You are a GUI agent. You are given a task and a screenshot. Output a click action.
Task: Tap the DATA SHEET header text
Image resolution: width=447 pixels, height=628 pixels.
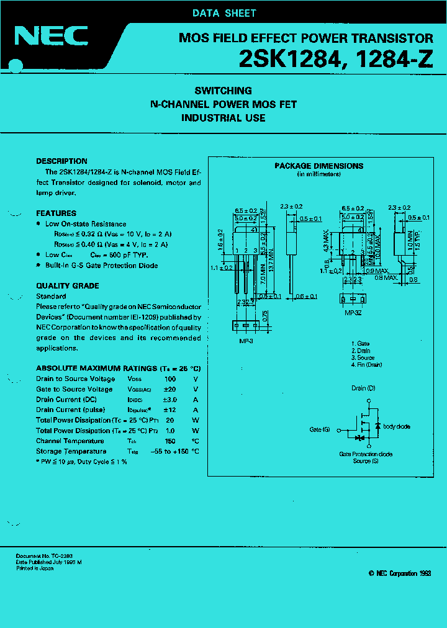224,13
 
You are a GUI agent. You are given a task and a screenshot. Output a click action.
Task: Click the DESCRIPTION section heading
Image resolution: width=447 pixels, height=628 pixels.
61,161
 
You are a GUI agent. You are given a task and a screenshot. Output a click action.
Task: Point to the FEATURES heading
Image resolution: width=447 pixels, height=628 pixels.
56,213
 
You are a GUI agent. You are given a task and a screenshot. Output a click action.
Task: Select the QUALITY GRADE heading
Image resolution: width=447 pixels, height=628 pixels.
68,286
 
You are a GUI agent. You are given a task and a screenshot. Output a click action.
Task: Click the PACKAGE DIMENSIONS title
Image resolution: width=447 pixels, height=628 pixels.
319,166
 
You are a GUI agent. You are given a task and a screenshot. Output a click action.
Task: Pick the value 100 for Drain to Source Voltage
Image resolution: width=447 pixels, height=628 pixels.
170,379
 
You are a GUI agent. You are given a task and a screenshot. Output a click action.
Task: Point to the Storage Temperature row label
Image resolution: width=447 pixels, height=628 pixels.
71,452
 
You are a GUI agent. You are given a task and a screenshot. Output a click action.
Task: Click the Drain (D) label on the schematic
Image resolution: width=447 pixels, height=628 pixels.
363,388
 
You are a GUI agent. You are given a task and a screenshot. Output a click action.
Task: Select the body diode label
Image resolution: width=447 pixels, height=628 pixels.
397,427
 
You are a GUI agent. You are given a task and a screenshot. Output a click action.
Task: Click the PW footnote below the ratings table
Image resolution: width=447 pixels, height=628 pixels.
81,462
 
